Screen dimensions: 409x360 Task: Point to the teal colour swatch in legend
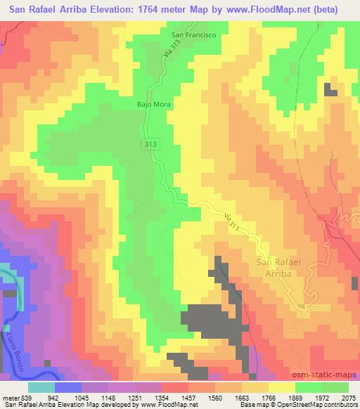tap(41, 387)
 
